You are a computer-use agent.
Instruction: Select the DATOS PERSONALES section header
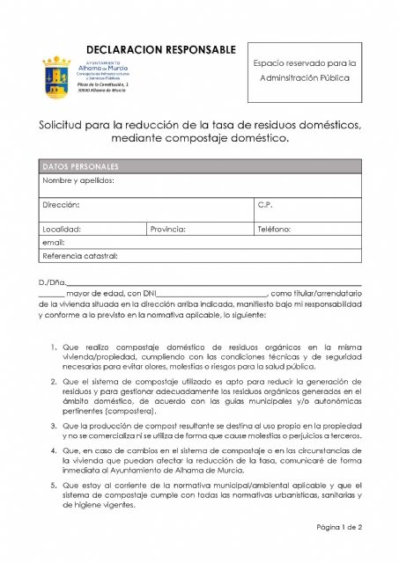click(x=80, y=166)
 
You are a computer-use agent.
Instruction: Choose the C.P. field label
click(x=265, y=205)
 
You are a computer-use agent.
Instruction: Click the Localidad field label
click(x=62, y=229)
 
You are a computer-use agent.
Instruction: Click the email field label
click(x=54, y=242)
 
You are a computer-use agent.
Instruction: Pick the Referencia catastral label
click(x=80, y=256)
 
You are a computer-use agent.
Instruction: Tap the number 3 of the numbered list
click(x=53, y=425)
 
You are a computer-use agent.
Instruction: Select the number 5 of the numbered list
click(x=53, y=484)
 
